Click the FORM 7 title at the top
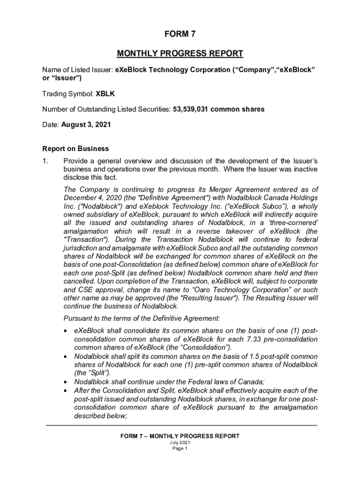[180, 34]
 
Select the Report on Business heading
[75, 149]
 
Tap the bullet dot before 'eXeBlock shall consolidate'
[67, 331]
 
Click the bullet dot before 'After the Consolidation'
[67, 390]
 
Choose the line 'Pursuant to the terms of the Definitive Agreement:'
[142, 319]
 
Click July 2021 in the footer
[180, 443]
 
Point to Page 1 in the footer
[180, 449]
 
